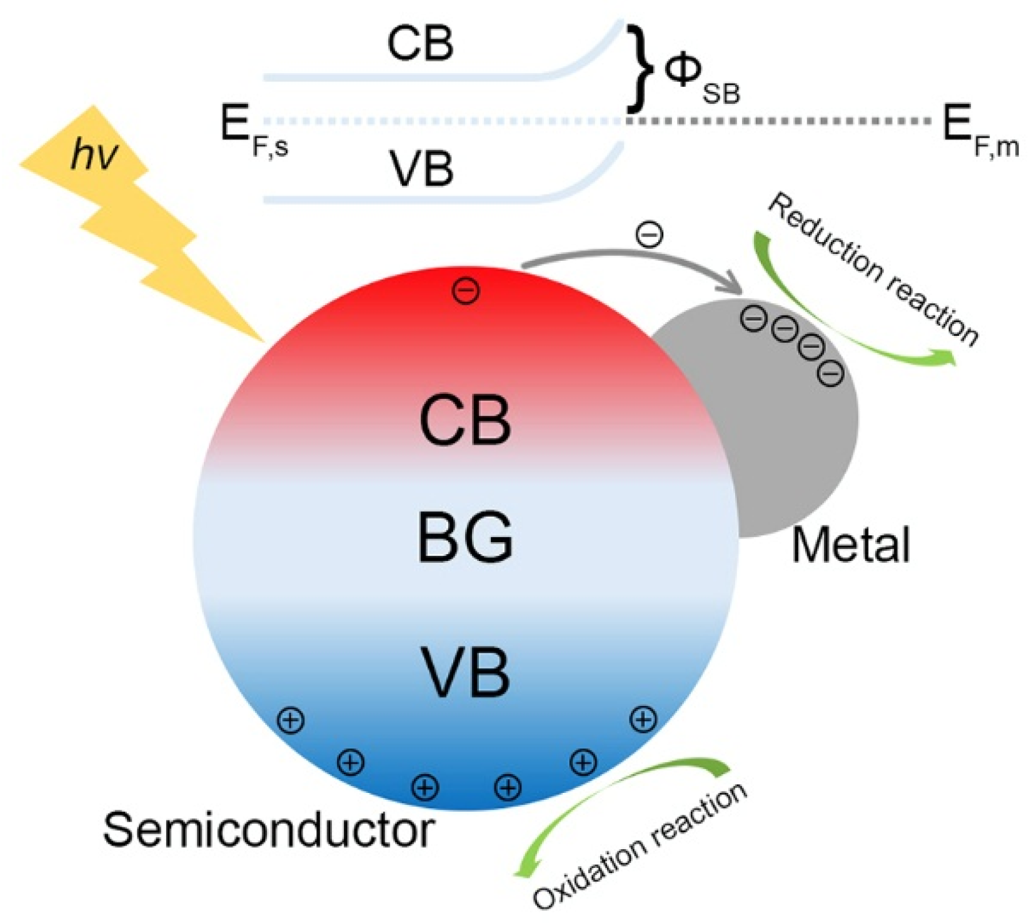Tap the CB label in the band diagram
(x=420, y=44)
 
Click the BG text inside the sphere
(x=465, y=538)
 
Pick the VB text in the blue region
(x=465, y=672)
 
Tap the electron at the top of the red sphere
(x=466, y=290)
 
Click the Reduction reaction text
(x=872, y=269)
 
